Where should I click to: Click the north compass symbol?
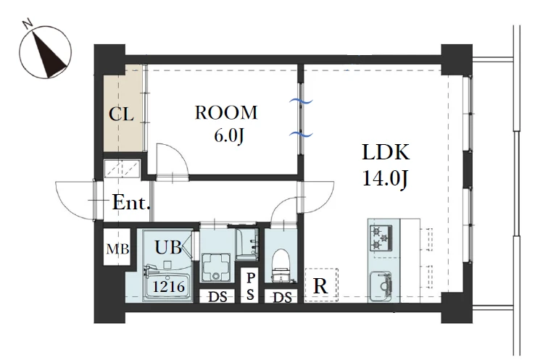pyautogui.click(x=45, y=52)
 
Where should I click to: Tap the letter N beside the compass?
pyautogui.click(x=28, y=23)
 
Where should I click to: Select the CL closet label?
pyautogui.click(x=121, y=114)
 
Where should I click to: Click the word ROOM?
pyautogui.click(x=226, y=113)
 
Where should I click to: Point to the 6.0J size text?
pyautogui.click(x=229, y=135)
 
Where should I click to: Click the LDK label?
pyautogui.click(x=386, y=152)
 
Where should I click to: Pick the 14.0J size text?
pyautogui.click(x=385, y=178)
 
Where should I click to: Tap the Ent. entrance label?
pyautogui.click(x=131, y=203)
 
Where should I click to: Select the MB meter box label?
pyautogui.click(x=117, y=249)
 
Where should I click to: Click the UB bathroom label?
pyautogui.click(x=168, y=247)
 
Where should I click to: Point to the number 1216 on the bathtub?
pyautogui.click(x=169, y=287)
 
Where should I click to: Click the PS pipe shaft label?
pyautogui.click(x=250, y=286)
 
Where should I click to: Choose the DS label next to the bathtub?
pyautogui.click(x=217, y=297)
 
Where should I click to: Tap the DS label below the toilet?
pyautogui.click(x=283, y=298)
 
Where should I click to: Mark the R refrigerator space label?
pyautogui.click(x=320, y=286)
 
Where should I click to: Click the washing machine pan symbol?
pyautogui.click(x=215, y=267)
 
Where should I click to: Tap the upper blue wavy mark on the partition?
pyautogui.click(x=301, y=101)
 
